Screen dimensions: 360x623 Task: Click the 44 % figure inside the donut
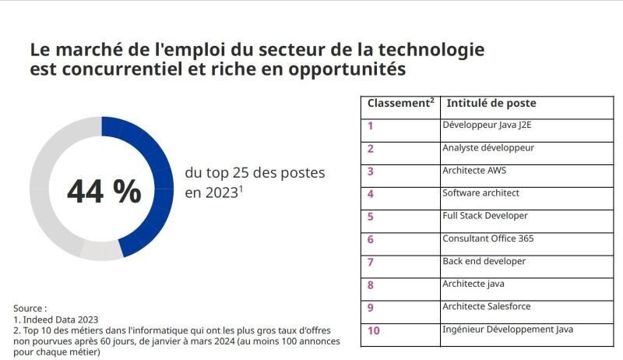104,191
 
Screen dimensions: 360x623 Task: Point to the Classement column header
400,104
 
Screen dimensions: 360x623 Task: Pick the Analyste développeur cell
488,147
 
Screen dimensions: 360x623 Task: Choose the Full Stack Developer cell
484,215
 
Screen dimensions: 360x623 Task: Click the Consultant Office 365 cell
487,238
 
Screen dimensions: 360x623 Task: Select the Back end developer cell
484,261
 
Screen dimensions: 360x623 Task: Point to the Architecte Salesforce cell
486,306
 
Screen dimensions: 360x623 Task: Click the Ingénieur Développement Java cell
507,329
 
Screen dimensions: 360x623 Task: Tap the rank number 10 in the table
373,330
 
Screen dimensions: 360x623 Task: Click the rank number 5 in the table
371,217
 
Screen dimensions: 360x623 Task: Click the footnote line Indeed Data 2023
56,319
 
